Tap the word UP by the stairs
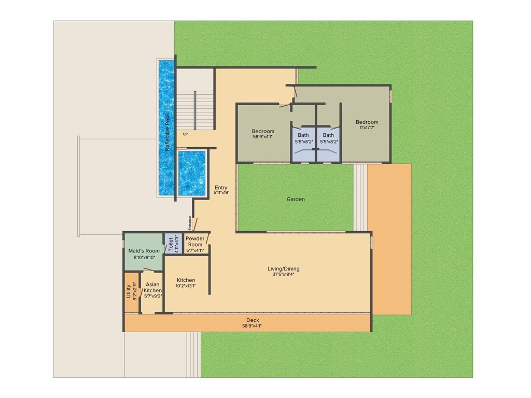(x=185, y=134)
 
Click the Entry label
(x=221, y=188)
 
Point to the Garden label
(x=296, y=199)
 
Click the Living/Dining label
(x=283, y=268)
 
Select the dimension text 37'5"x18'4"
(x=283, y=275)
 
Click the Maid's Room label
(x=144, y=251)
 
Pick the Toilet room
(x=169, y=244)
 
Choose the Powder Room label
(x=195, y=241)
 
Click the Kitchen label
(x=186, y=280)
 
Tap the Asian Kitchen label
(x=152, y=288)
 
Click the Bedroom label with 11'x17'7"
(x=367, y=122)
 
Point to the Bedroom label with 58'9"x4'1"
(x=263, y=131)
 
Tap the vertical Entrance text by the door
(x=190, y=223)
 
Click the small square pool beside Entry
(x=192, y=173)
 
